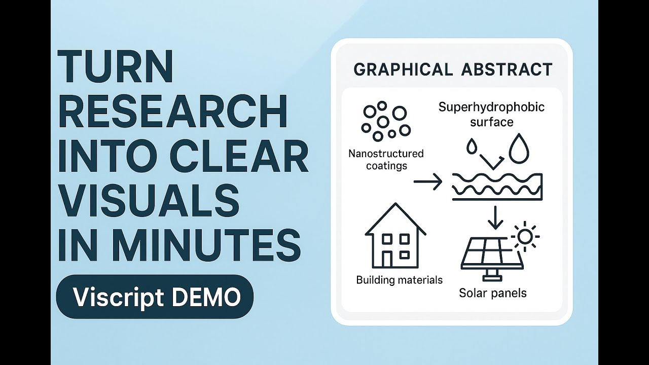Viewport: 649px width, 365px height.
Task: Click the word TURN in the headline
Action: (x=116, y=67)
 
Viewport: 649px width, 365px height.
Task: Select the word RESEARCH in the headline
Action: (x=173, y=112)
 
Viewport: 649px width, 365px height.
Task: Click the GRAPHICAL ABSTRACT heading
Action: (x=453, y=69)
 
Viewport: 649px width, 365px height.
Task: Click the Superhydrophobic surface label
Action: (x=491, y=115)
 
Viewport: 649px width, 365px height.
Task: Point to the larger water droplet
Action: (x=519, y=149)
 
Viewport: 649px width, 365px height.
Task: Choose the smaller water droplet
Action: (x=472, y=147)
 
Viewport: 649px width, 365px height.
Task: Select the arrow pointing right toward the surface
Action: (x=428, y=181)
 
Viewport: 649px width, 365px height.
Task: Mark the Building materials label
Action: (x=399, y=280)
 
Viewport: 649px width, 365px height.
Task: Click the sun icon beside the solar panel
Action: (x=525, y=236)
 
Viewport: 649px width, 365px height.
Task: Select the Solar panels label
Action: (x=492, y=293)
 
